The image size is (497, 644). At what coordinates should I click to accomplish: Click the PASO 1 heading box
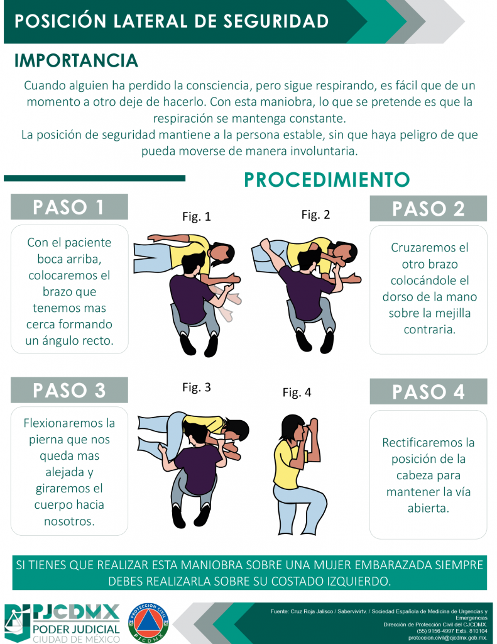point(69,206)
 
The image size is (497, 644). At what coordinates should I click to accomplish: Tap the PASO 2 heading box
point(428,208)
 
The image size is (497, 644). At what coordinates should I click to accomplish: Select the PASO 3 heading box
point(69,390)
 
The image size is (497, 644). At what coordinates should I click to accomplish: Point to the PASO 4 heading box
point(428,391)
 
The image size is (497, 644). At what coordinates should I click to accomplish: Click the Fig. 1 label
point(197,216)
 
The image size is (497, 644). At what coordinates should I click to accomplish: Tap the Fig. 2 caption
point(315,215)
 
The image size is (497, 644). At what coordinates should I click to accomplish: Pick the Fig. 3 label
point(197,387)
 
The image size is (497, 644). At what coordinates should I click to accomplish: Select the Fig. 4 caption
point(297,392)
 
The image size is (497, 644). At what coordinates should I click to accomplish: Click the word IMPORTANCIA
point(76,60)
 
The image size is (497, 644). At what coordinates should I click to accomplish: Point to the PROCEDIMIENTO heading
point(327,179)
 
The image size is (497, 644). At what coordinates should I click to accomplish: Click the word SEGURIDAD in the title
point(276,21)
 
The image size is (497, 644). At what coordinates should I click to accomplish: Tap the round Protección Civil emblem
point(148,622)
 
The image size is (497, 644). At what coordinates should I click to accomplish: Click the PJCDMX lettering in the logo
point(76,613)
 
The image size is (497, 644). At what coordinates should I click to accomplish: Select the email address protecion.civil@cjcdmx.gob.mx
point(448,638)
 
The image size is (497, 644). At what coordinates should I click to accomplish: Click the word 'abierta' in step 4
point(429,508)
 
